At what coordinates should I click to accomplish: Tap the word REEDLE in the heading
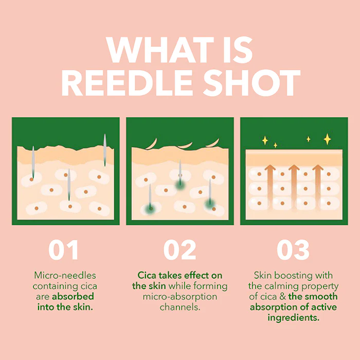click(x=127, y=83)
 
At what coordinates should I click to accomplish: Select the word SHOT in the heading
click(x=252, y=83)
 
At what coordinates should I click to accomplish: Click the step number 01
click(x=63, y=249)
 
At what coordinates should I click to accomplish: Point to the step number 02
click(x=180, y=249)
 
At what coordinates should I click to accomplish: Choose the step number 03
click(x=293, y=249)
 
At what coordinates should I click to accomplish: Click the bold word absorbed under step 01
click(x=73, y=297)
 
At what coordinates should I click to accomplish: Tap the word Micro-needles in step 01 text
click(x=65, y=275)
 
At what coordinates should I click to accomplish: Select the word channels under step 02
click(x=180, y=307)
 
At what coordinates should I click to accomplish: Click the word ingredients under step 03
click(x=294, y=318)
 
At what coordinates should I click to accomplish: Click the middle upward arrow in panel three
click(x=294, y=187)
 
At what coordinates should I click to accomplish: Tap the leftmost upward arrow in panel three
click(x=270, y=187)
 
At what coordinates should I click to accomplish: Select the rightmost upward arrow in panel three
click(x=318, y=187)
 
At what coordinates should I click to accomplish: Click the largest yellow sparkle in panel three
click(x=327, y=139)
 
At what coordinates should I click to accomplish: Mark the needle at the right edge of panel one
click(x=105, y=150)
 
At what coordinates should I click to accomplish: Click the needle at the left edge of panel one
click(x=33, y=163)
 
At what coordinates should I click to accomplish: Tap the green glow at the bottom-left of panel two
click(x=150, y=209)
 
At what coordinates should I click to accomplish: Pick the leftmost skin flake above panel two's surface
click(x=152, y=144)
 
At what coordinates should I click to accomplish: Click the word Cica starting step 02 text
click(x=147, y=275)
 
